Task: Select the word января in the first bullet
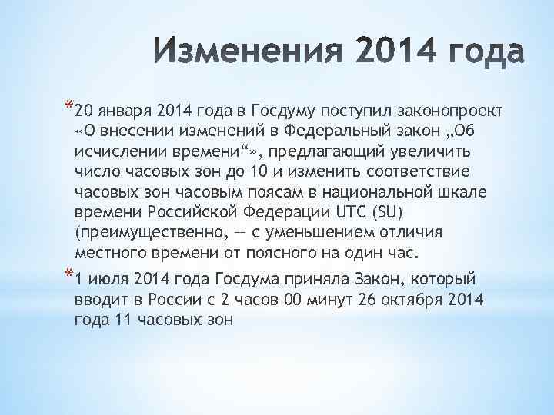click(x=128, y=108)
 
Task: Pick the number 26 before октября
click(x=372, y=298)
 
